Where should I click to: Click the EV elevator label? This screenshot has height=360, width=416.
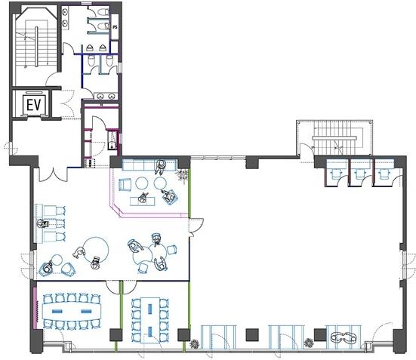[34, 104]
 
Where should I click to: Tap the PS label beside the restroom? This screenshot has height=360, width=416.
[115, 27]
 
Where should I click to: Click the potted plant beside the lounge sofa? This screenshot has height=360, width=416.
[183, 175]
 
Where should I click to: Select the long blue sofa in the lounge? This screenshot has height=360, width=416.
[149, 165]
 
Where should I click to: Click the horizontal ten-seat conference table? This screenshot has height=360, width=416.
[72, 311]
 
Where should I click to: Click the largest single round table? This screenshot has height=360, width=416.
[96, 250]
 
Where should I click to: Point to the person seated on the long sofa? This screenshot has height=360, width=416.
[160, 167]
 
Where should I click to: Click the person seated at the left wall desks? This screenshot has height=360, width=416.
[42, 224]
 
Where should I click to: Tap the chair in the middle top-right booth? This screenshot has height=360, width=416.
[360, 174]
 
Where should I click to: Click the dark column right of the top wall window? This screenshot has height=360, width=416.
[251, 162]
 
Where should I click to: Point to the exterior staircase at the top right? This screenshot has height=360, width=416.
[334, 138]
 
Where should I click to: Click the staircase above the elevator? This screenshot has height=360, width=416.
[36, 47]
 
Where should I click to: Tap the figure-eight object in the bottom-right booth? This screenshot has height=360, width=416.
[344, 337]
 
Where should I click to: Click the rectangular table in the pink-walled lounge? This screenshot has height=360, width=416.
[143, 202]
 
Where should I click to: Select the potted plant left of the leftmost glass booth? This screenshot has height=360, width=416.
[195, 344]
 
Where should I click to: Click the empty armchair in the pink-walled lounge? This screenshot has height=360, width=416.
[125, 185]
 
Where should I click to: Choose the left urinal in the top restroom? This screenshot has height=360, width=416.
[89, 48]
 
